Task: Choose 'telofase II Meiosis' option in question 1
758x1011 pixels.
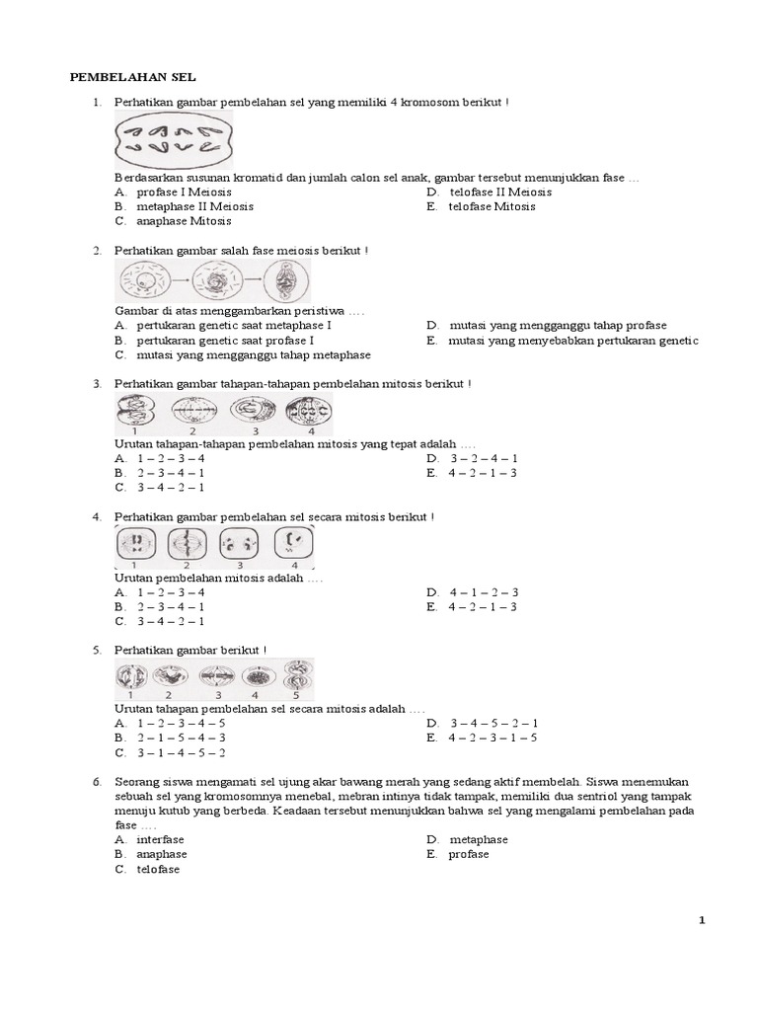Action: (500, 192)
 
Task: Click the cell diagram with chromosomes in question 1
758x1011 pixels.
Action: (175, 142)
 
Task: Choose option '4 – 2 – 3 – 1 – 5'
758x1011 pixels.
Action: (494, 737)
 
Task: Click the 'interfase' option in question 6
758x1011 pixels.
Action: (160, 839)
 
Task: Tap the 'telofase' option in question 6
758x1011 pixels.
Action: (158, 869)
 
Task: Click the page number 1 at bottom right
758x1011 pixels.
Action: (702, 920)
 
